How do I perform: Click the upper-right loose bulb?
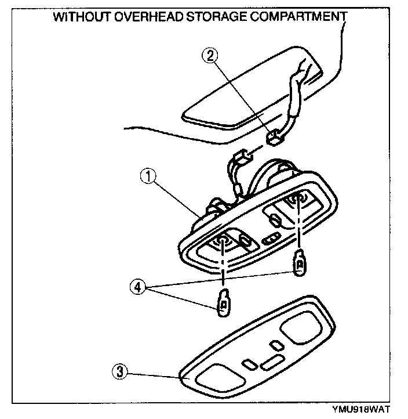300,264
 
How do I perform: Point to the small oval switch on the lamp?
271,239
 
